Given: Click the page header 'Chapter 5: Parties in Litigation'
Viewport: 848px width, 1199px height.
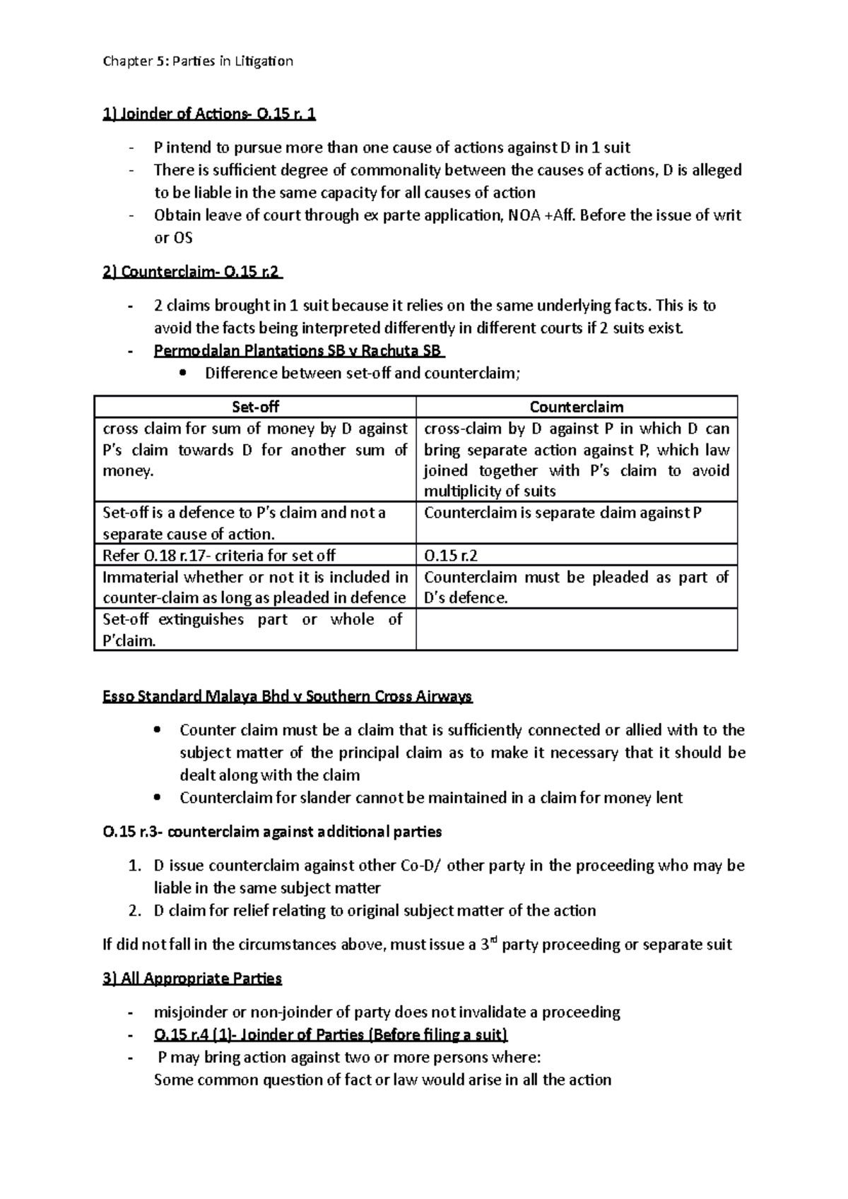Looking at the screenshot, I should pyautogui.click(x=197, y=61).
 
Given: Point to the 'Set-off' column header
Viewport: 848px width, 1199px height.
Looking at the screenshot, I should pyautogui.click(x=255, y=407).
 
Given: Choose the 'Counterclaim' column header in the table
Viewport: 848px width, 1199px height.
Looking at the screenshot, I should pyautogui.click(x=576, y=407).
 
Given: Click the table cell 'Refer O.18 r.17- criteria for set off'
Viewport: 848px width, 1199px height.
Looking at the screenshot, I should pyautogui.click(x=219, y=555).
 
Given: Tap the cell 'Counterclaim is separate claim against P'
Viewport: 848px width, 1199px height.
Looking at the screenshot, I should pyautogui.click(x=563, y=513).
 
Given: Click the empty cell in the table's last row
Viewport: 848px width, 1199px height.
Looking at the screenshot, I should pyautogui.click(x=576, y=629).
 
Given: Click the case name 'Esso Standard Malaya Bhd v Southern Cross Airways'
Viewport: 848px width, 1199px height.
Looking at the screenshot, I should pyautogui.click(x=288, y=697).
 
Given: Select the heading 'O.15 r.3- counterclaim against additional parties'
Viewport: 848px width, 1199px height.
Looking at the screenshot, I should pyautogui.click(x=272, y=832).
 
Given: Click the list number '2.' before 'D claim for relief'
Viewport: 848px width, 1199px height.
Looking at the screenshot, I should pyautogui.click(x=136, y=911).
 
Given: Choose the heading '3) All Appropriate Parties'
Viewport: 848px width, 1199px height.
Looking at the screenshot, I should pyautogui.click(x=192, y=979).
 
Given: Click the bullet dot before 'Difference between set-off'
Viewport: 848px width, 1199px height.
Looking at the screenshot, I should pyautogui.click(x=184, y=374).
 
